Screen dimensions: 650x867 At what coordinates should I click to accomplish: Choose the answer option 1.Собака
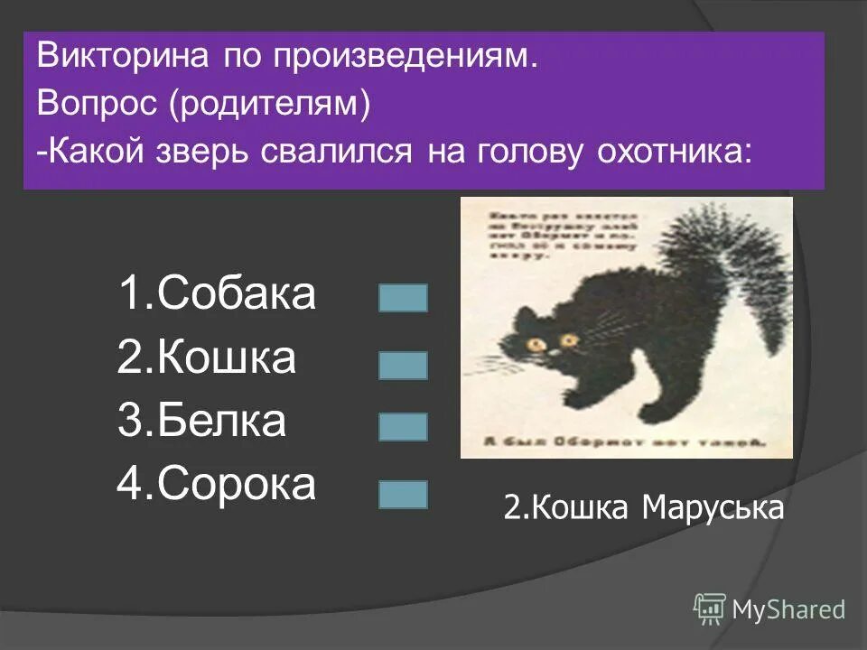point(217,295)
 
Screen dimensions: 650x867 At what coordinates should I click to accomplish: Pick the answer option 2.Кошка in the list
point(206,358)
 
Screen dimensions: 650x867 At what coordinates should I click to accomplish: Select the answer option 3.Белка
point(200,422)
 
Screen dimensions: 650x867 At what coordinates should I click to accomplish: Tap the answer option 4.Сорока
point(217,485)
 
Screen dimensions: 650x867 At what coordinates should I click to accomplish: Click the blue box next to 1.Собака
point(403,298)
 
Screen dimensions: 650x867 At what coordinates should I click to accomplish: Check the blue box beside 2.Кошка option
point(403,365)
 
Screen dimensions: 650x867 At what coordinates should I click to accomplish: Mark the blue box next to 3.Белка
point(403,427)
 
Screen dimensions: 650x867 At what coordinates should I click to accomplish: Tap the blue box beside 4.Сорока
point(403,494)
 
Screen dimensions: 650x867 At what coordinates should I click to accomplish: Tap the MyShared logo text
point(788,610)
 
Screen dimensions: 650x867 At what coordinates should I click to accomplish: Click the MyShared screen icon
point(710,608)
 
